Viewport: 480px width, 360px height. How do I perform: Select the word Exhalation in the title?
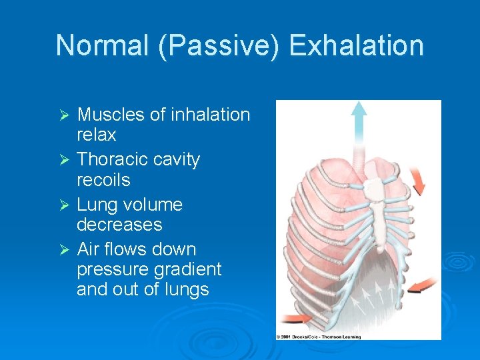[x=357, y=46]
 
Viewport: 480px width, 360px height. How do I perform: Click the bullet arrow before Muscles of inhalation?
[x=65, y=115]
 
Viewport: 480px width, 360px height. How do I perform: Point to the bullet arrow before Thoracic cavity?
[x=65, y=161]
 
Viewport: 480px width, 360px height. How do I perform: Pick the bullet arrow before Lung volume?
[x=65, y=205]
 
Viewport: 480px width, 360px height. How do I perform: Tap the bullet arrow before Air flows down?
[x=65, y=250]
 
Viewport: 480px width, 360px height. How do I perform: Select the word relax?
[x=97, y=135]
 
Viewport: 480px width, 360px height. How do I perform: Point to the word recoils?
[x=103, y=180]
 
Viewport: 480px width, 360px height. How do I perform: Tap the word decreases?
[x=119, y=225]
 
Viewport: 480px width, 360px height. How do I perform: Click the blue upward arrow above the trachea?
[x=359, y=120]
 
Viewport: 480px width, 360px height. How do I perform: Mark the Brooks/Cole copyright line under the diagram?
[x=319, y=337]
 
